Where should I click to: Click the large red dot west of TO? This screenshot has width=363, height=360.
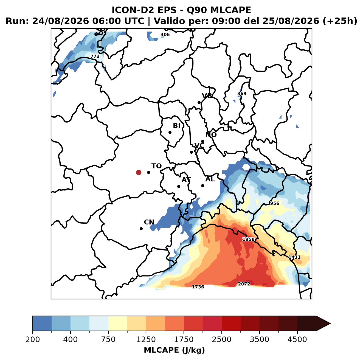point(139,172)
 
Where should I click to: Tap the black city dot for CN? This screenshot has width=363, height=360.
point(141,229)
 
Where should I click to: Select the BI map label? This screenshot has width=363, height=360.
point(177,126)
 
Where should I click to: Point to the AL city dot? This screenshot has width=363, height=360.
point(202,185)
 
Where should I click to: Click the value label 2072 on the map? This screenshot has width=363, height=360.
point(244,284)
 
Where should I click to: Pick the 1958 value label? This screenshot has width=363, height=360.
point(248,239)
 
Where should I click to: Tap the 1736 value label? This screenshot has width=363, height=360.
point(198,287)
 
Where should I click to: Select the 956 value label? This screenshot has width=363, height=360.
point(274,203)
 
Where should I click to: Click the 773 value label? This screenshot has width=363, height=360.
point(95,56)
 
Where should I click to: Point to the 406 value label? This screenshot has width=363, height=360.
point(165,35)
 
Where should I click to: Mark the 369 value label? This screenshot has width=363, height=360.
point(242,94)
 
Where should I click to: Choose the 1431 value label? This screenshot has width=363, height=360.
point(294,257)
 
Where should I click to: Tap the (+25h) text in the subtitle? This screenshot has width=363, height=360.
point(340,21)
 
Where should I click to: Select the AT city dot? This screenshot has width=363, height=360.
point(179,187)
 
